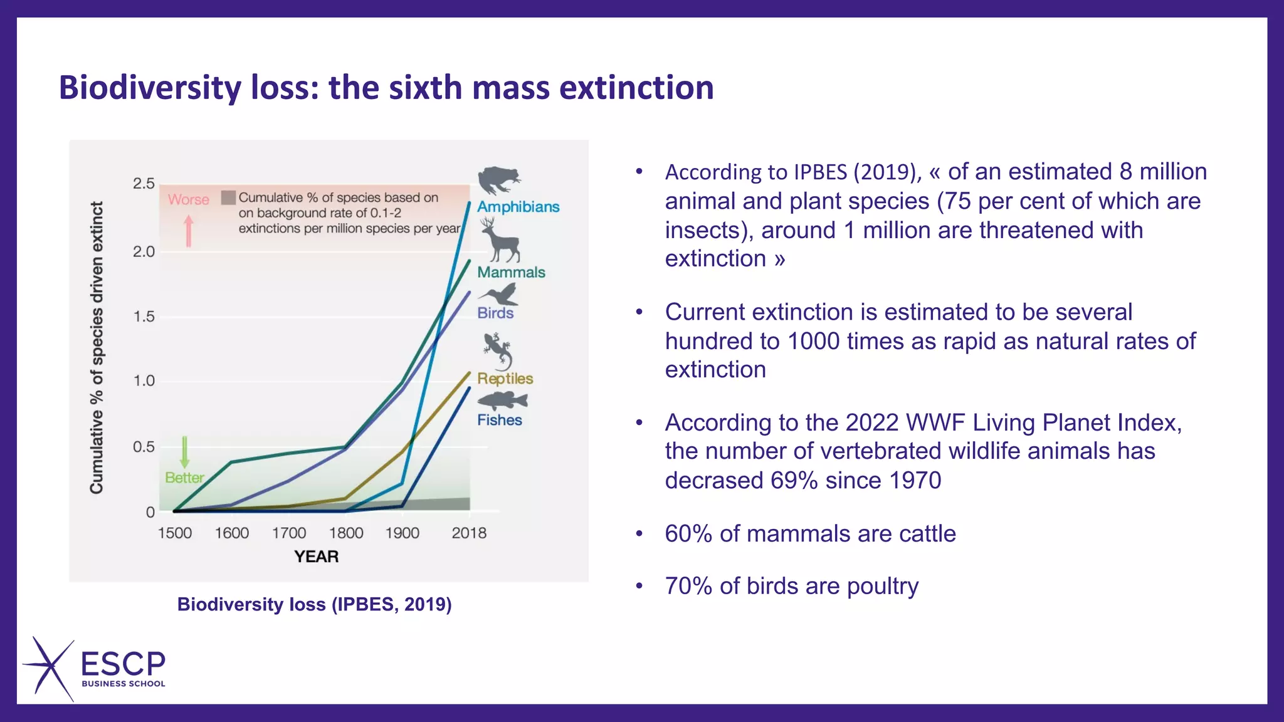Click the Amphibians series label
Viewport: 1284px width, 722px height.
pyautogui.click(x=518, y=207)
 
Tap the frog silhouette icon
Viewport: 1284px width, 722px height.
pyautogui.click(x=498, y=180)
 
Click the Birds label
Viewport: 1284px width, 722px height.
pyautogui.click(x=495, y=313)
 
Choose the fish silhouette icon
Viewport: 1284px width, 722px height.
pyautogui.click(x=502, y=400)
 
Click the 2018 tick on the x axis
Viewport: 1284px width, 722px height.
pyautogui.click(x=469, y=533)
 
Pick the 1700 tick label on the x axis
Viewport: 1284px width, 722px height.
pyautogui.click(x=289, y=533)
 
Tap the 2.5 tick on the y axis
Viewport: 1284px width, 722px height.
pyautogui.click(x=144, y=184)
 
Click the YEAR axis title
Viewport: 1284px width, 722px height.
pyautogui.click(x=317, y=557)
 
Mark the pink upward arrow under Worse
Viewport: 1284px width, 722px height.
pyautogui.click(x=189, y=231)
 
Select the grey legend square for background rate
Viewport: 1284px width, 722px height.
pyautogui.click(x=229, y=197)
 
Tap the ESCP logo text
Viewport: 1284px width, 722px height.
pyautogui.click(x=124, y=664)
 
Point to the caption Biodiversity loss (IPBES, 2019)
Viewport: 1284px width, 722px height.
pyautogui.click(x=314, y=604)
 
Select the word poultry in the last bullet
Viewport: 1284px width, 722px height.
pyautogui.click(x=882, y=586)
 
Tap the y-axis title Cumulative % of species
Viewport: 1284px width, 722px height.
pyautogui.click(x=97, y=348)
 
